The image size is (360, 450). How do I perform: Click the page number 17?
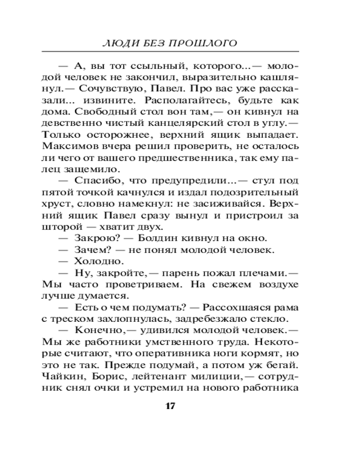pos(170,406)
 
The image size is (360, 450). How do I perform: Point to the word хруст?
pos(54,205)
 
